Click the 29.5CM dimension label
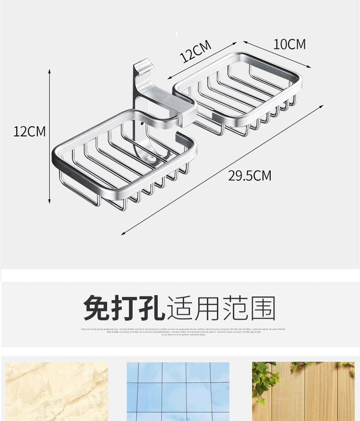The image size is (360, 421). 249,175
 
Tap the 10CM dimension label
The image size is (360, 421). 289,44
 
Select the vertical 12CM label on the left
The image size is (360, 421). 30,131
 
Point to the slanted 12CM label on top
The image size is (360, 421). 196,51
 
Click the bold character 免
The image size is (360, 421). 97,308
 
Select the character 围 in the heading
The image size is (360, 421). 262,308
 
